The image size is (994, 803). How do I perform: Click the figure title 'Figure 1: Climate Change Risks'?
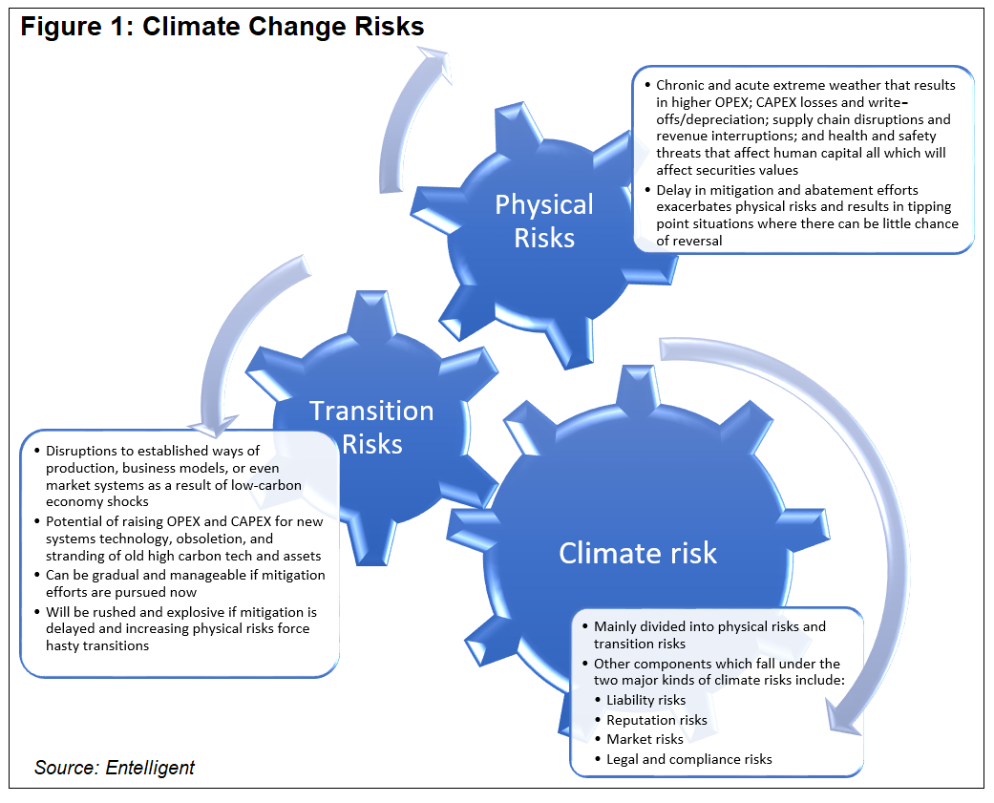tap(222, 27)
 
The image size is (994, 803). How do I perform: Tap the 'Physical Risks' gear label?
tap(544, 221)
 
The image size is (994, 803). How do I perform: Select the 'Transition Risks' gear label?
tap(371, 427)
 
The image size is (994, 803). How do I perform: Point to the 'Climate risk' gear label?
tap(637, 553)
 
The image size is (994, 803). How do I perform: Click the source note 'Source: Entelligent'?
tap(115, 768)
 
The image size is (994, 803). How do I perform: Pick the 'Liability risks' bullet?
tap(645, 700)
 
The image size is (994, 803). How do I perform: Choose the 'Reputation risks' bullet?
tap(657, 720)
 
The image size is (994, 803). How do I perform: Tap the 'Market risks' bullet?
tap(645, 739)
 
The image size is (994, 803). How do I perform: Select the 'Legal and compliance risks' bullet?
tap(688, 759)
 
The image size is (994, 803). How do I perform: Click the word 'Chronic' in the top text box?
tap(681, 85)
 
